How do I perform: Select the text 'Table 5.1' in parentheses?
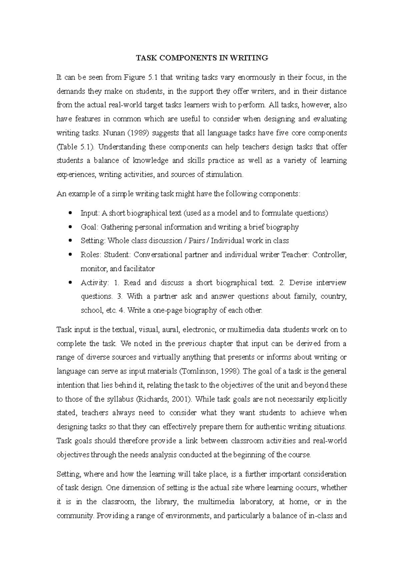(x=74, y=147)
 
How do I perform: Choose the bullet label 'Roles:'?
(x=91, y=255)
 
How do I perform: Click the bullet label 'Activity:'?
(x=95, y=283)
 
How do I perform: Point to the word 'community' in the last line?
(x=75, y=516)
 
